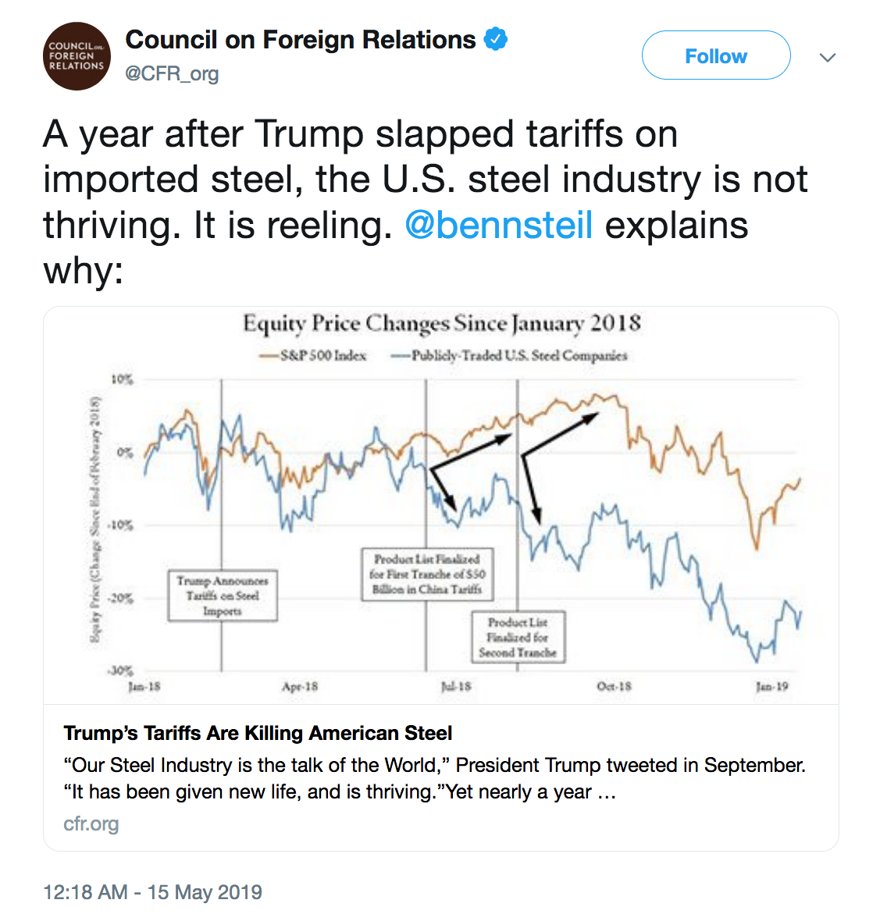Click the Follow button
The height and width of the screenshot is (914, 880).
click(x=715, y=56)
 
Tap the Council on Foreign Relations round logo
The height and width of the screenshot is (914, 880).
click(x=76, y=56)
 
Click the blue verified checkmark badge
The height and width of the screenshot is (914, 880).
click(x=496, y=39)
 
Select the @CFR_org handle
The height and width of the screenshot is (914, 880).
click(x=172, y=74)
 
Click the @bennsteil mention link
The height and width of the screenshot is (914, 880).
click(x=499, y=226)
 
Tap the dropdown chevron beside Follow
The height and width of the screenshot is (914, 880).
click(x=828, y=57)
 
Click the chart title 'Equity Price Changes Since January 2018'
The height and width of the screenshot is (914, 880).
click(x=441, y=323)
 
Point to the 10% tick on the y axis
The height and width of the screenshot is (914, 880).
click(x=123, y=379)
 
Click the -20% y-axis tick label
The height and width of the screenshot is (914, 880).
click(x=120, y=598)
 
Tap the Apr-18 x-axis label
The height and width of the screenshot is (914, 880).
click(x=300, y=687)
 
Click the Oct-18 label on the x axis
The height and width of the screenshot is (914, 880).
click(x=614, y=687)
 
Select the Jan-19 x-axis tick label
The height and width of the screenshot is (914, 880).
click(x=771, y=687)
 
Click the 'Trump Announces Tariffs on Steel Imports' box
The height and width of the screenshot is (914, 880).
click(x=223, y=596)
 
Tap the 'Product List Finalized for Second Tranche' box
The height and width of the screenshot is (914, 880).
click(x=518, y=637)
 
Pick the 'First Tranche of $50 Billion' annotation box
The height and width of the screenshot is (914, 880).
click(x=427, y=574)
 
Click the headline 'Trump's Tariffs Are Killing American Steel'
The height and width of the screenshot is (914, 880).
click(x=258, y=733)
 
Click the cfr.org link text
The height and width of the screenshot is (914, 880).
click(x=91, y=823)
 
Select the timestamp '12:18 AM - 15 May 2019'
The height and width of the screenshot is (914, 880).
click(x=152, y=892)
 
